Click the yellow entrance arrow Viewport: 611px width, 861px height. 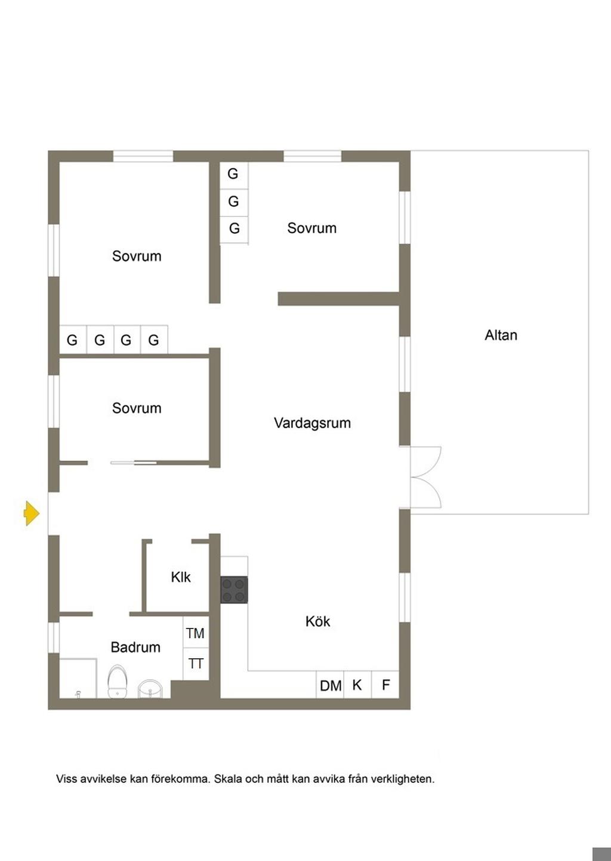pos(32,513)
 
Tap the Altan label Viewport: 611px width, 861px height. pos(501,335)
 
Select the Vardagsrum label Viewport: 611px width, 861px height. pos(312,423)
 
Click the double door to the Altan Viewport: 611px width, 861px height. pos(426,478)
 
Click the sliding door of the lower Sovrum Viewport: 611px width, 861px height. pos(134,463)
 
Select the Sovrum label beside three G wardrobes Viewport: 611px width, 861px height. pos(311,228)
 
